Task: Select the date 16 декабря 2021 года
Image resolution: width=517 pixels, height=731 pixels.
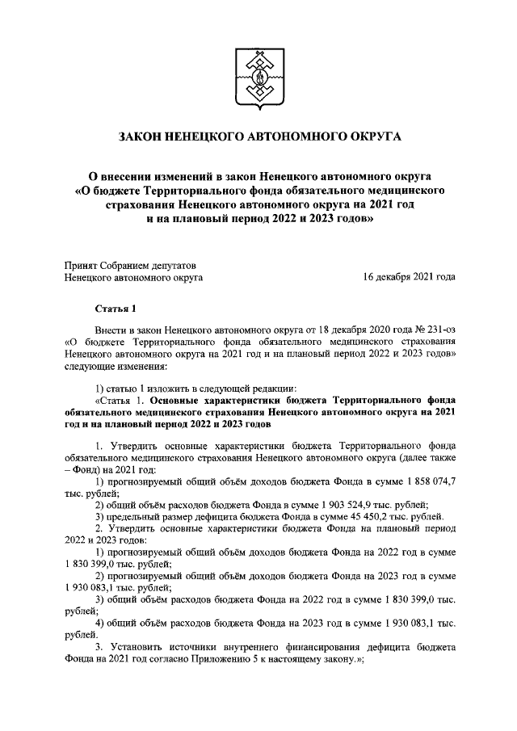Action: pyautogui.click(x=409, y=277)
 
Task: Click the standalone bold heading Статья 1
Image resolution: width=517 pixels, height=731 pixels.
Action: pyautogui.click(x=111, y=309)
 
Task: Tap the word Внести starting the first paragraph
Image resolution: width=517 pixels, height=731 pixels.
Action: pyautogui.click(x=110, y=330)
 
